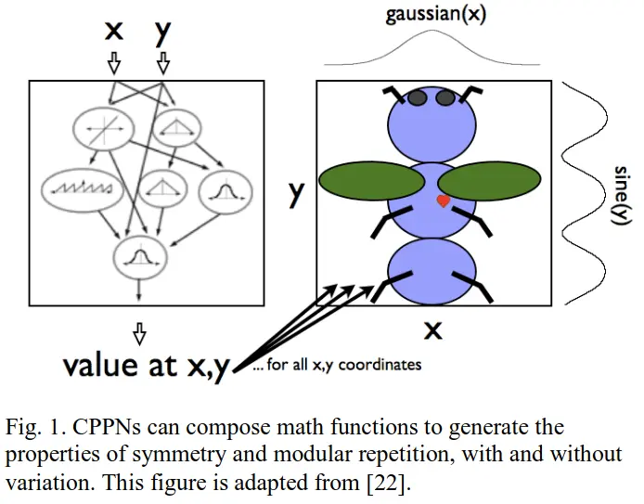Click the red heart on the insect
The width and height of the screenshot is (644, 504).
444,200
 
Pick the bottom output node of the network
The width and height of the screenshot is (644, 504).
139,253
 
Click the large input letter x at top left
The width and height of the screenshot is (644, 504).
113,31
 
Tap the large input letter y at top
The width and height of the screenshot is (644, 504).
163,33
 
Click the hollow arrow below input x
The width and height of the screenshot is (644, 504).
114,63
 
